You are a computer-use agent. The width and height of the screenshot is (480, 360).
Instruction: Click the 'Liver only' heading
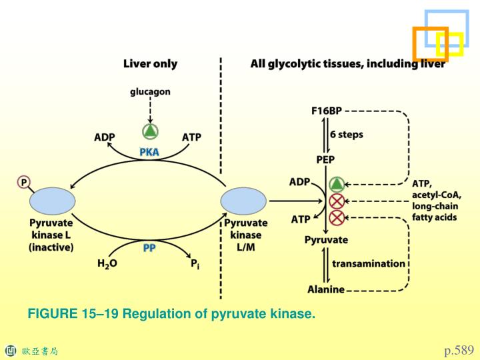click(x=150, y=64)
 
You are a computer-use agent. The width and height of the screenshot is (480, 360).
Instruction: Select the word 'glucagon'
click(x=150, y=92)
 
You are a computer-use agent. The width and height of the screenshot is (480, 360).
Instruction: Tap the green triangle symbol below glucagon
click(x=150, y=131)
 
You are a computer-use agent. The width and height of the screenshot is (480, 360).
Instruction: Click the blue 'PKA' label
click(x=149, y=152)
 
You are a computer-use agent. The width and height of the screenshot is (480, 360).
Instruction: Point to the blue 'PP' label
click(x=149, y=247)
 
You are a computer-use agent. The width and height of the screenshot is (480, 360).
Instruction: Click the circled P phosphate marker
click(x=24, y=182)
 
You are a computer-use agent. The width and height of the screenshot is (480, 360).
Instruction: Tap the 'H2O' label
click(x=107, y=263)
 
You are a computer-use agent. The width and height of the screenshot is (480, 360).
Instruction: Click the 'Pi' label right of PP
click(x=195, y=264)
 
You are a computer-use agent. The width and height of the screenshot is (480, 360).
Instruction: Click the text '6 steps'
click(x=347, y=134)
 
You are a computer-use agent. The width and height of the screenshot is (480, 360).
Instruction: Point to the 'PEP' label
click(x=325, y=159)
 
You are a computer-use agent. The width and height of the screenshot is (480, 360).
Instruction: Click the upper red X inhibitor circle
click(x=337, y=201)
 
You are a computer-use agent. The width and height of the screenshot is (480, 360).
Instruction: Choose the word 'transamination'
click(x=368, y=263)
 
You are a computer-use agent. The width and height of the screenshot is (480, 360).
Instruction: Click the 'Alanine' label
click(x=325, y=289)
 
